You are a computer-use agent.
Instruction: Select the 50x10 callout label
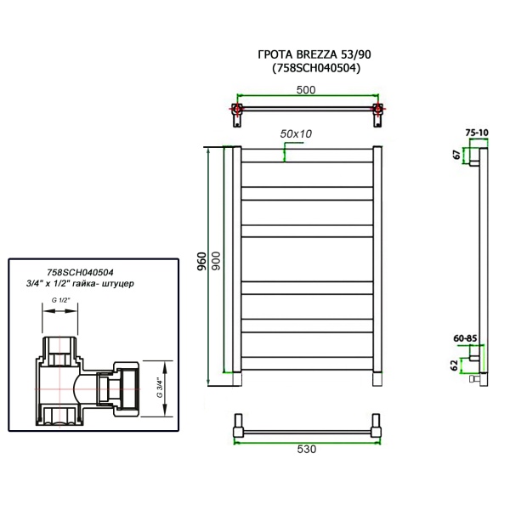pyautogui.click(x=296, y=133)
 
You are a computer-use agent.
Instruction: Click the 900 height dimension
pyautogui.click(x=215, y=263)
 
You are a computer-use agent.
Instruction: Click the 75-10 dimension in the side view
pyautogui.click(x=477, y=133)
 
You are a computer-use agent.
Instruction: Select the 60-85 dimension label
pyautogui.click(x=464, y=337)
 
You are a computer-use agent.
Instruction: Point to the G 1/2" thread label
pyautogui.click(x=61, y=300)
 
